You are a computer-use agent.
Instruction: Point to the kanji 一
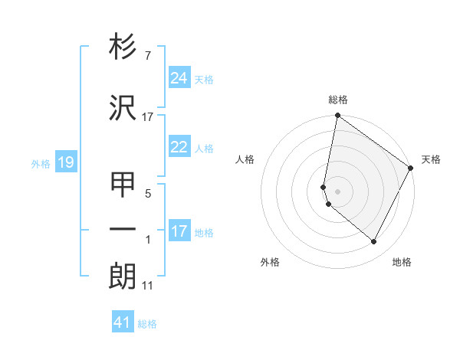coord(123,229)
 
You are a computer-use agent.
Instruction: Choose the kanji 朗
coord(123,276)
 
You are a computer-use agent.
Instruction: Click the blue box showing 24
coord(179,77)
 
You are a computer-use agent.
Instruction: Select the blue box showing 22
coord(179,147)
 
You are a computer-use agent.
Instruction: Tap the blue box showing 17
coord(179,231)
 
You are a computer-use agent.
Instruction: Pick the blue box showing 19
coord(65,162)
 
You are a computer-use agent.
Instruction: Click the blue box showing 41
coord(123,322)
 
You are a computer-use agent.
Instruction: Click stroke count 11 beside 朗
coord(148,286)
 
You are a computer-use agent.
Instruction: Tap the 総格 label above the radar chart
coord(338,100)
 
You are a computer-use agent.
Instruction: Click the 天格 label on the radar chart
coord(431,159)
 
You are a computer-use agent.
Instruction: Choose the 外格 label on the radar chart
coord(270,262)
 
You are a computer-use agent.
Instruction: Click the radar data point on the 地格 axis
coord(374,242)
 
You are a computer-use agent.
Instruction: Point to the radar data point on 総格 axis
coord(337,116)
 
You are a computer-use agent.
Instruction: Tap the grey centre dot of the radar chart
coord(338,191)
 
